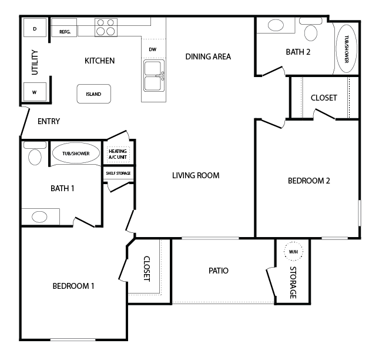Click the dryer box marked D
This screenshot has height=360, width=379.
click(35, 28)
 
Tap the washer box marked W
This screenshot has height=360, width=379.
click(35, 92)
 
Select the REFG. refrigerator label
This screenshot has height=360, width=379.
click(65, 32)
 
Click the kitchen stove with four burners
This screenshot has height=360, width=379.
click(106, 27)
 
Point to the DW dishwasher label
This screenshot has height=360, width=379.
click(153, 49)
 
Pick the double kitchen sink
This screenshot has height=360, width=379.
click(154, 76)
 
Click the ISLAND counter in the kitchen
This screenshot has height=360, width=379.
click(94, 94)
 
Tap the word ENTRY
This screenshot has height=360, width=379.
click(49, 121)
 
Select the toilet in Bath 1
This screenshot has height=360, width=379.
click(35, 154)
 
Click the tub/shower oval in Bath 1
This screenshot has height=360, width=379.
click(76, 153)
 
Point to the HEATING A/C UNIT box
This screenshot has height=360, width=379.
click(118, 154)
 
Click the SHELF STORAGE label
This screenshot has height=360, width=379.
click(118, 173)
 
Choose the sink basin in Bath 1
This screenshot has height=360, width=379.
click(39, 217)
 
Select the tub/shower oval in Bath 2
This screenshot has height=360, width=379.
click(346, 49)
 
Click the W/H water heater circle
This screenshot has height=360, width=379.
click(293, 251)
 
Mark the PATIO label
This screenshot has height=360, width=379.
click(218, 271)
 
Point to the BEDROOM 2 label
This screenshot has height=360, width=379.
click(309, 181)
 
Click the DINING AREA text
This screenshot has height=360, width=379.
click(208, 56)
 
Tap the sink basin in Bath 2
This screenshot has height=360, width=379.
click(276, 25)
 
